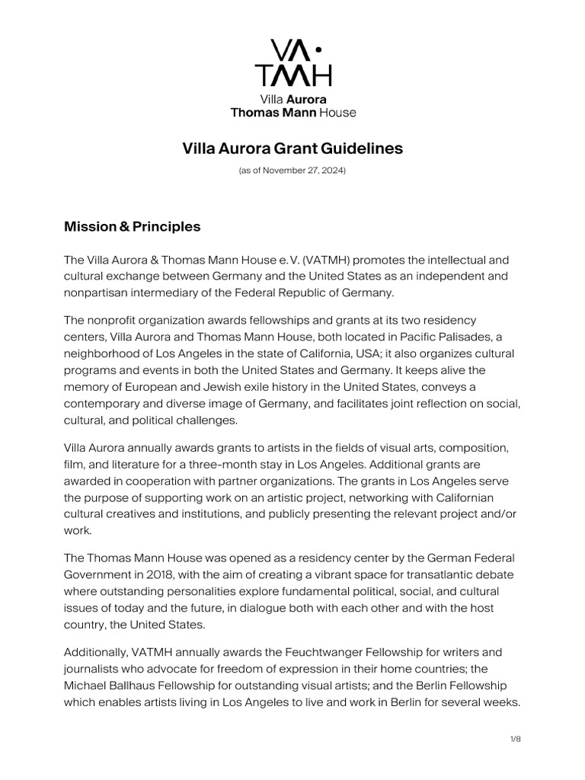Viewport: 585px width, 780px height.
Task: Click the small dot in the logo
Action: click(318, 50)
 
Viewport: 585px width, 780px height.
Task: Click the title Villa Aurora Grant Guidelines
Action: click(292, 149)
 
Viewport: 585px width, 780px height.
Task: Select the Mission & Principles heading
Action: click(132, 226)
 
